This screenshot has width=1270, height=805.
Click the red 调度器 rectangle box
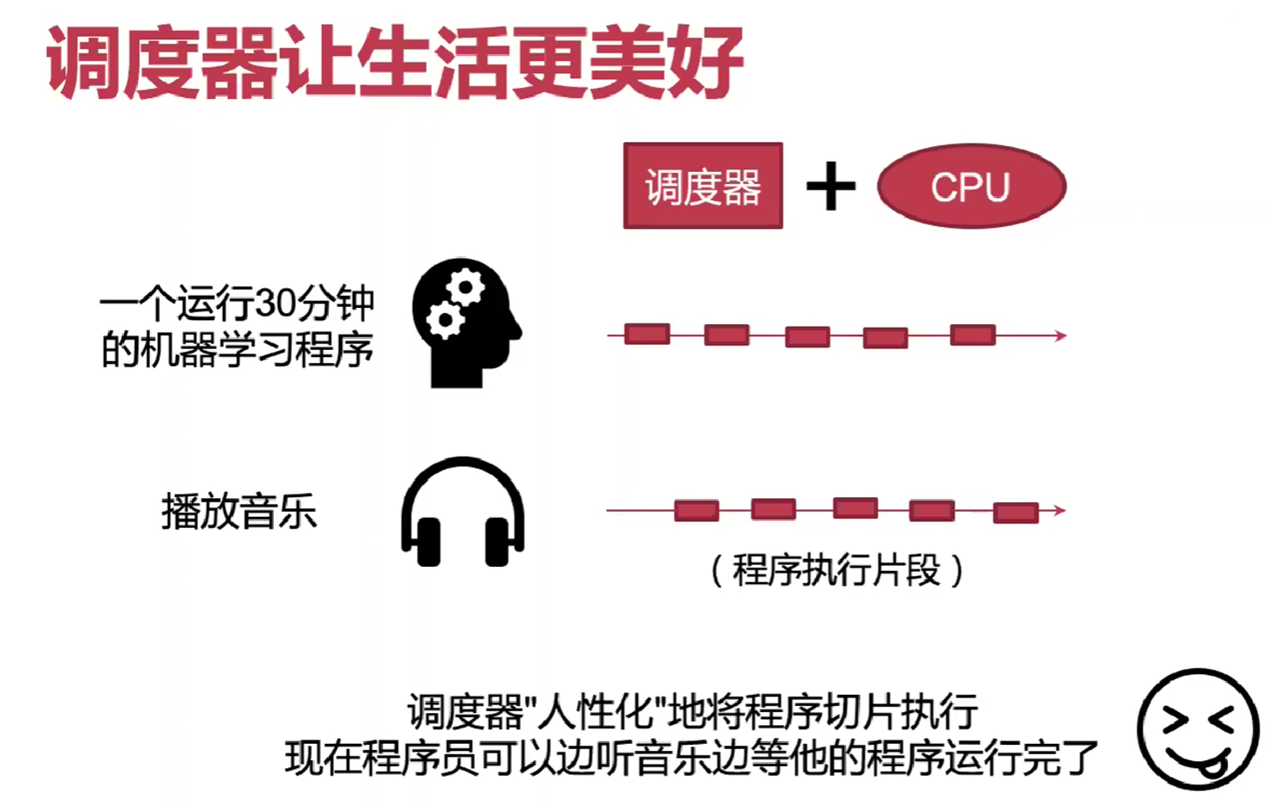(703, 186)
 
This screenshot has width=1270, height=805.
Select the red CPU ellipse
(971, 186)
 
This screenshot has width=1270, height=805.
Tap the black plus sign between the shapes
(830, 187)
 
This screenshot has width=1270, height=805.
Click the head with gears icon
(465, 323)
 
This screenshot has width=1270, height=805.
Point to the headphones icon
(463, 512)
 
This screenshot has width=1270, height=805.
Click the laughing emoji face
(1198, 728)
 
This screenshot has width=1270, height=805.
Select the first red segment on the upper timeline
(647, 334)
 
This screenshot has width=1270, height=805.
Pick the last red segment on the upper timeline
(972, 335)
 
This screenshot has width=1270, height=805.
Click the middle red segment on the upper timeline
(807, 336)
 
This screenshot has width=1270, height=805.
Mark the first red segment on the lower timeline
(696, 511)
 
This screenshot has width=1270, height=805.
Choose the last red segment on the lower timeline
(1015, 513)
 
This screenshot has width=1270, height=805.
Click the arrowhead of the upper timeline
(1061, 335)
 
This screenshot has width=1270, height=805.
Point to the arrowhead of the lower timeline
(1060, 511)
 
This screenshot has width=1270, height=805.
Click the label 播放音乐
(239, 512)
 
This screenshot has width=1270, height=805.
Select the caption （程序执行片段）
(836, 570)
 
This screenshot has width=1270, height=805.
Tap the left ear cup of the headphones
(428, 543)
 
